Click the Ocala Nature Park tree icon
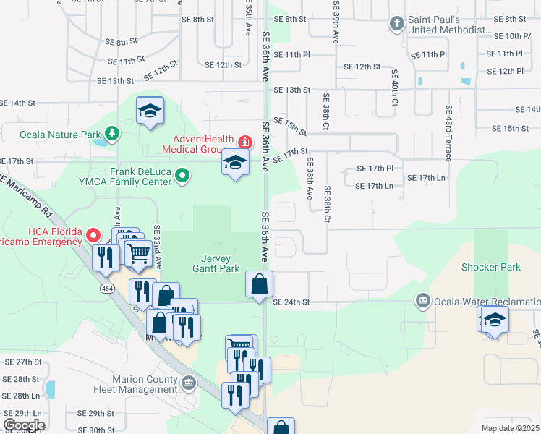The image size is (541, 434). (x=112, y=133)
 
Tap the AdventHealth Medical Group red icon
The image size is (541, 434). (x=245, y=142)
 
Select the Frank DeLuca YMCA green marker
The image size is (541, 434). (x=183, y=174)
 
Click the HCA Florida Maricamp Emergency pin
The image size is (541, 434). (x=93, y=235)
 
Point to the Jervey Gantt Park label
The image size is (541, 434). (x=219, y=263)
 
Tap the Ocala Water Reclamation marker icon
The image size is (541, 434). (x=423, y=300)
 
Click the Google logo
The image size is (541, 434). (x=24, y=425)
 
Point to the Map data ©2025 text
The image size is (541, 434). (x=511, y=428)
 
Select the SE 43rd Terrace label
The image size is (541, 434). (x=449, y=129)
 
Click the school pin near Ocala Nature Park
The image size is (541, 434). (x=150, y=111)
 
